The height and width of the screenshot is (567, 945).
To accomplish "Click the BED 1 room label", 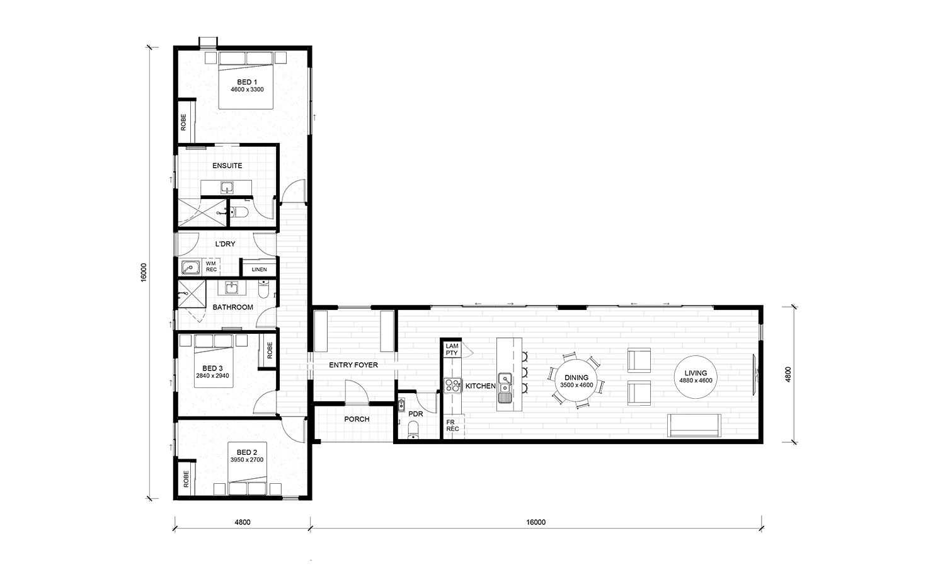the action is (x=247, y=82).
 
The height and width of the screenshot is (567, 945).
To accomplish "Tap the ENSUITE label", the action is (x=227, y=166).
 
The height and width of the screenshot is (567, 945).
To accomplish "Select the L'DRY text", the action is (x=226, y=244).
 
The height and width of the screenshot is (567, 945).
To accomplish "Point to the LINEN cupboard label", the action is (x=259, y=270).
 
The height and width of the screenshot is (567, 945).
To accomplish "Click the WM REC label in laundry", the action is (x=211, y=266).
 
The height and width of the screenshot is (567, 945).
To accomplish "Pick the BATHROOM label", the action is (x=233, y=307).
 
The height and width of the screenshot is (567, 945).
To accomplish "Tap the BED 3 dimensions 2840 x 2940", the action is (x=212, y=375).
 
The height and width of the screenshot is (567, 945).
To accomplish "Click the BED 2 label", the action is (x=247, y=452).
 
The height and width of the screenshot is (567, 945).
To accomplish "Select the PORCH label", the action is (x=357, y=419).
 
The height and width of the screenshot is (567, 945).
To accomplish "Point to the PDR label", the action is (x=416, y=414).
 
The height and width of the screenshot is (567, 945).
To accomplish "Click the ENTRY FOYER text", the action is (x=353, y=365).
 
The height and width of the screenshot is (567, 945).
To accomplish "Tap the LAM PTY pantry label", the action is (x=452, y=349).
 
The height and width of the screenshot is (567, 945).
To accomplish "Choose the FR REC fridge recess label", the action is (x=452, y=425).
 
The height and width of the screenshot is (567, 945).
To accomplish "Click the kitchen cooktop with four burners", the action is (x=453, y=385).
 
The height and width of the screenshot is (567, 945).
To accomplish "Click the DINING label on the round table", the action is (x=576, y=377).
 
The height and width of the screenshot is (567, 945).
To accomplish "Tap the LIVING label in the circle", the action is (x=696, y=373).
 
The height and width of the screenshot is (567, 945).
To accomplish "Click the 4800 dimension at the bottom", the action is (x=243, y=522).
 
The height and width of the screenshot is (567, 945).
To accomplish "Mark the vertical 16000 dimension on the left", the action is (x=143, y=272).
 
